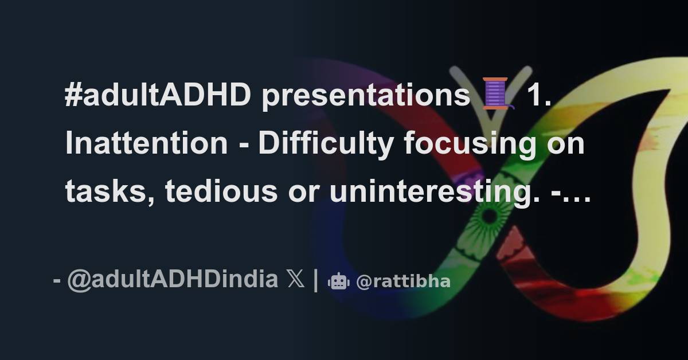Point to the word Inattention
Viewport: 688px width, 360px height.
click(x=146, y=143)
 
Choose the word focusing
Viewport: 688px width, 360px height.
click(x=466, y=143)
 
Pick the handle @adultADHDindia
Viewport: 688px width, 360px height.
click(x=173, y=281)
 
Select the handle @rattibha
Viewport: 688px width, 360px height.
click(x=403, y=281)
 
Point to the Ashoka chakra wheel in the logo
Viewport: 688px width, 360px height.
click(x=489, y=217)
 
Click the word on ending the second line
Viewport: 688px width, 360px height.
click(x=565, y=143)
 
